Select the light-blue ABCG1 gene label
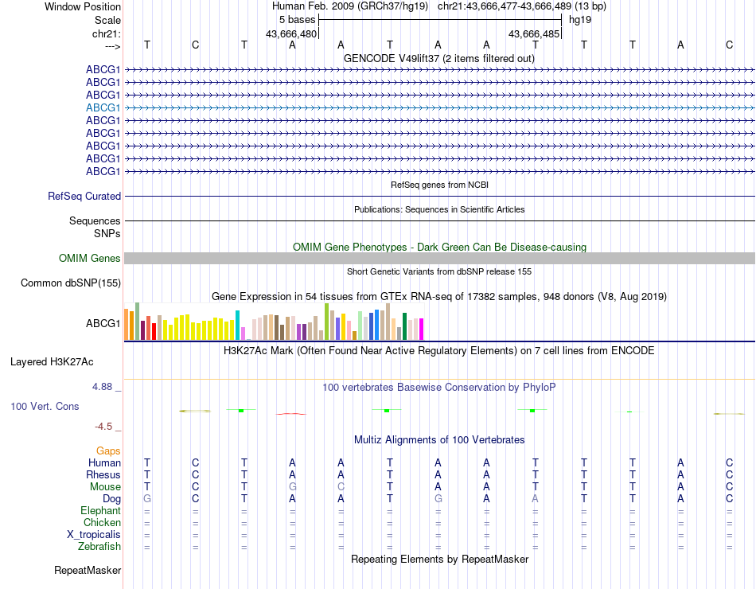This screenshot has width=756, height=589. point(103,107)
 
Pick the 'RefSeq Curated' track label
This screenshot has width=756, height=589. point(84,196)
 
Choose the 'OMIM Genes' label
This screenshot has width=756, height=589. point(90,258)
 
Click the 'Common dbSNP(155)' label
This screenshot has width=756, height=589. point(71,283)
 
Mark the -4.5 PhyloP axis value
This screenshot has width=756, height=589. point(105,426)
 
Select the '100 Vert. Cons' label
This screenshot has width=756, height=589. point(45,406)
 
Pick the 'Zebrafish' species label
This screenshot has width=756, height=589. point(99,547)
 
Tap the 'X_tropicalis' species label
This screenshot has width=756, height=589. point(94,535)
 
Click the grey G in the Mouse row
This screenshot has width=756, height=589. point(292,486)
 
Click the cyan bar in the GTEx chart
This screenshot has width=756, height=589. point(238,325)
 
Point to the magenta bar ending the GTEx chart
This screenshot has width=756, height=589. point(421,329)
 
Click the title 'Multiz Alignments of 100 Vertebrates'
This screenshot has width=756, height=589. point(439,439)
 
